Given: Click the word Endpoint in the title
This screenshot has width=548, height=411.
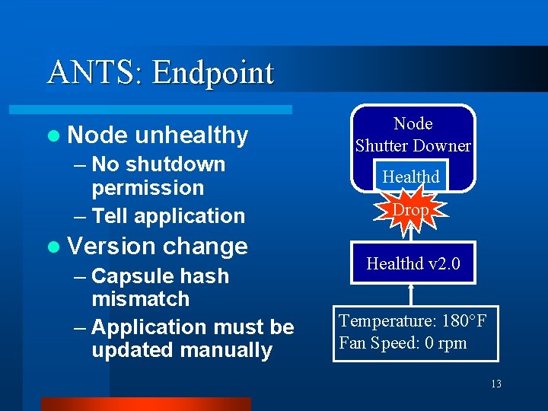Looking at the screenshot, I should (x=212, y=73).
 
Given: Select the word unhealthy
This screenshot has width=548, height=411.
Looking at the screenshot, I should (x=192, y=135).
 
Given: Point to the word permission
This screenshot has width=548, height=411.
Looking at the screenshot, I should (x=148, y=187).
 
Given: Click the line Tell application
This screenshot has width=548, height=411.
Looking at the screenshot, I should (x=167, y=216).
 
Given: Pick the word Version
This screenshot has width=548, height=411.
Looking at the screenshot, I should (x=112, y=247).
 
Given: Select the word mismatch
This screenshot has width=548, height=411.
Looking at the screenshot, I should (x=140, y=298).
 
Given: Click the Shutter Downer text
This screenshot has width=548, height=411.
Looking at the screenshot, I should (x=413, y=145).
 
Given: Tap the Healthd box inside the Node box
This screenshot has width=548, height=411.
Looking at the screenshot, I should (x=411, y=177).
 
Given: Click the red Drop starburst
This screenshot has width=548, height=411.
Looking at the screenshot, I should (x=411, y=209).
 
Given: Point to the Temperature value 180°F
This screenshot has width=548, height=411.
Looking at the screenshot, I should (x=454, y=320).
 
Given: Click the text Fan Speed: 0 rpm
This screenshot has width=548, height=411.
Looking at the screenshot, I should (x=403, y=342).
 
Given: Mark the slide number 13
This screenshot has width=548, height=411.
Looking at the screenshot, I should (x=495, y=384).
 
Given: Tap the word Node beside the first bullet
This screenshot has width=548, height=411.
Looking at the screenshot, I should (x=97, y=135).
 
